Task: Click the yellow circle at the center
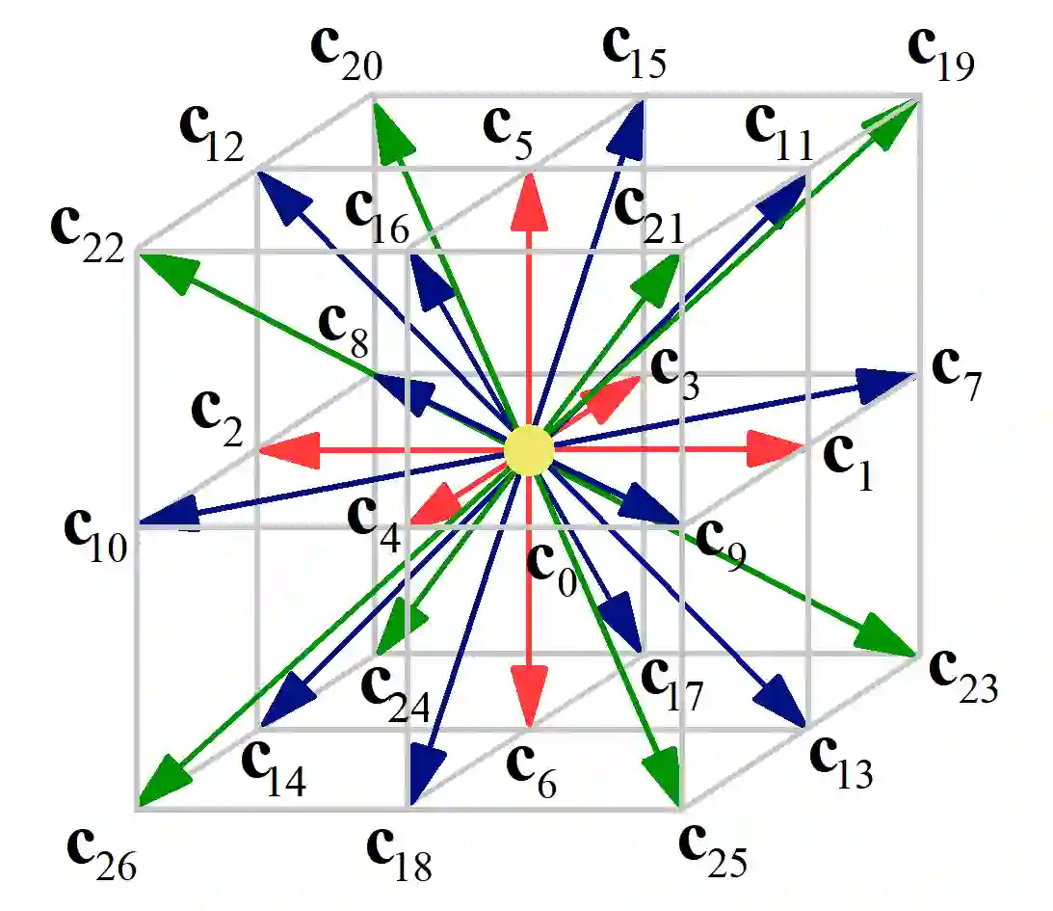[528, 450]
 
